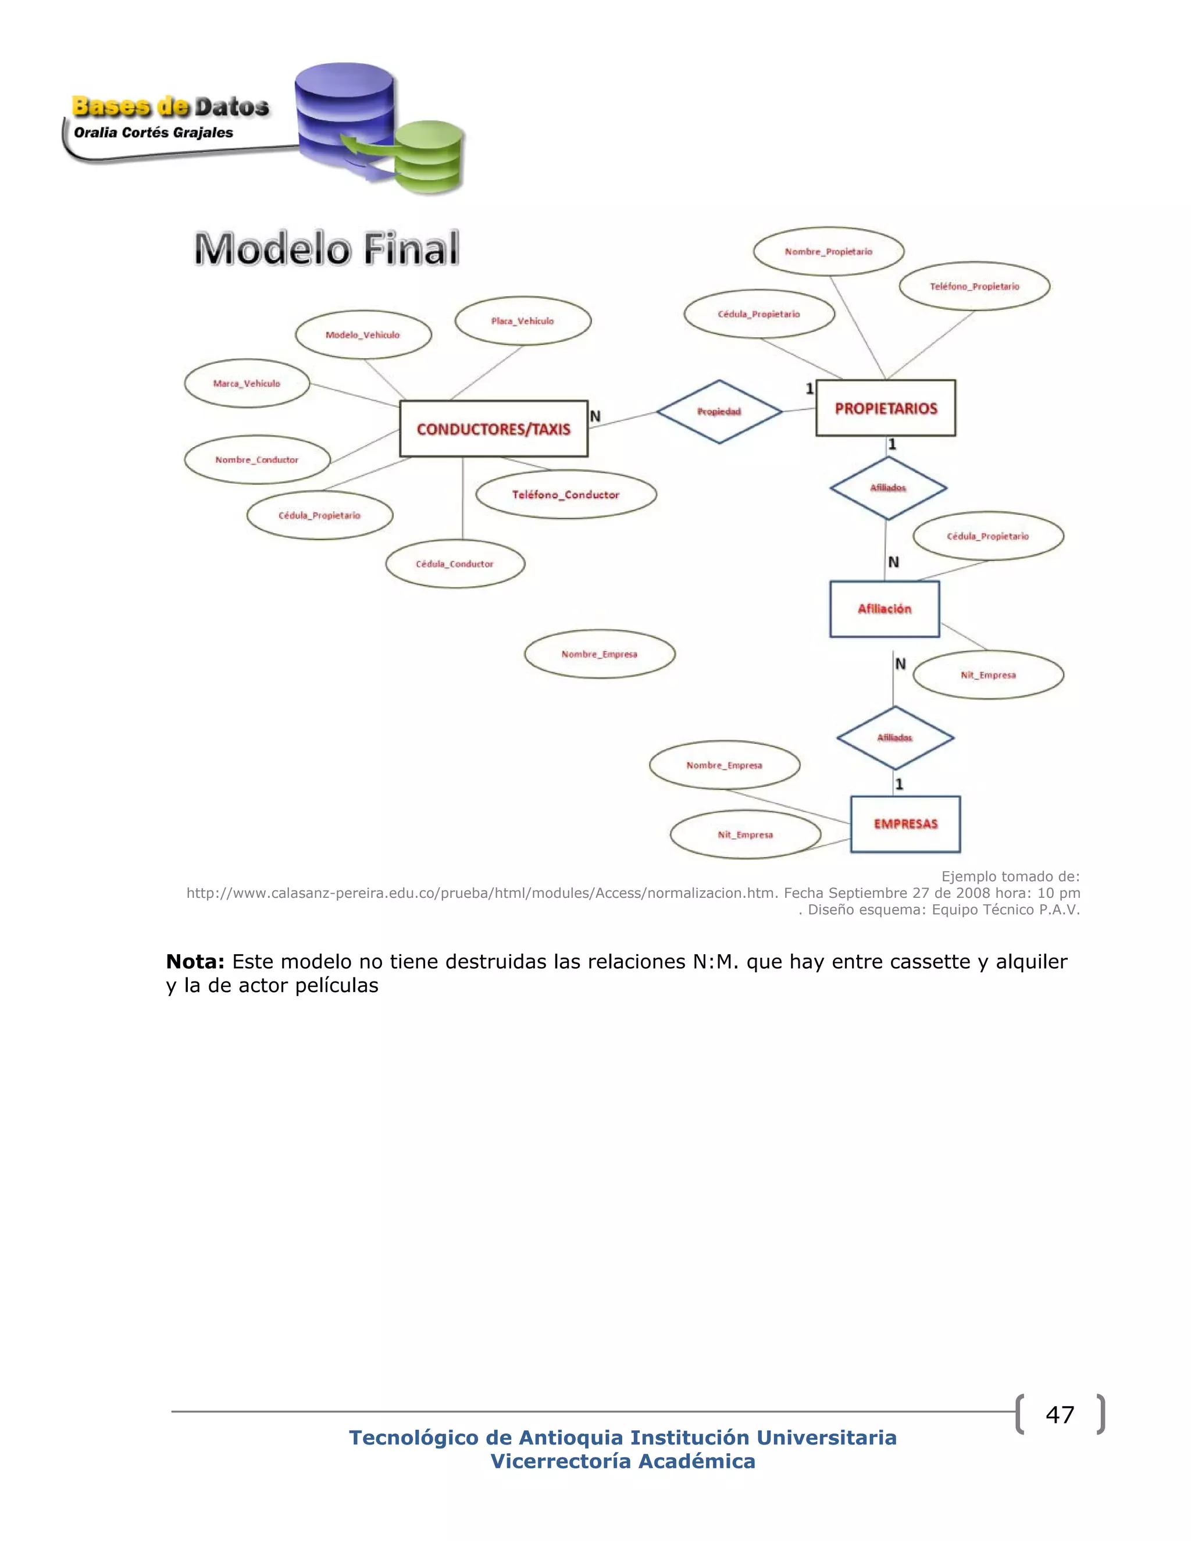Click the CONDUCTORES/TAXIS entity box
tap(493, 429)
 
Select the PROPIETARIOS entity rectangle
tap(886, 409)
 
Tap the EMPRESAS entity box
tap(905, 824)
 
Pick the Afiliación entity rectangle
tap(884, 609)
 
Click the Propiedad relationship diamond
tap(719, 412)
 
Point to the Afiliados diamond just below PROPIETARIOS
tap(887, 487)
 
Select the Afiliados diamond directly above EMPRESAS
tap(894, 738)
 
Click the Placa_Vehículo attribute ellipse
tap(523, 321)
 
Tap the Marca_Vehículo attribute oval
tap(247, 384)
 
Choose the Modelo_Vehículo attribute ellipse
tap(363, 335)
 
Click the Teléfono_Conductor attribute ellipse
tap(566, 495)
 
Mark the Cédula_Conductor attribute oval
tap(455, 563)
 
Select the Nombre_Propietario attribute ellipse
tap(828, 252)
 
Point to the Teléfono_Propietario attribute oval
tap(975, 287)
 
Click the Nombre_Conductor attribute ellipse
tap(257, 460)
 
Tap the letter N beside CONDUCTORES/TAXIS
tap(595, 416)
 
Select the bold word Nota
tap(195, 962)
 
